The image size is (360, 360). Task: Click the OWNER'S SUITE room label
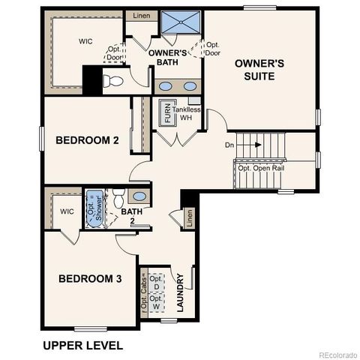tap(259, 70)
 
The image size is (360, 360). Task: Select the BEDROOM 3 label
tap(89, 279)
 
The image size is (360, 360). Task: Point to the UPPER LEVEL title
tap(82, 345)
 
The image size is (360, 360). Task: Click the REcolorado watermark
tap(337, 355)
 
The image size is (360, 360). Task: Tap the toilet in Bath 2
tap(118, 199)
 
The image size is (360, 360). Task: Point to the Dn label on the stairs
tap(230, 144)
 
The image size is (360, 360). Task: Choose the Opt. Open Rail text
tap(262, 168)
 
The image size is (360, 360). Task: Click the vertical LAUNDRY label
tap(180, 293)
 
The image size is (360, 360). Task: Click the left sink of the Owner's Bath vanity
tap(166, 85)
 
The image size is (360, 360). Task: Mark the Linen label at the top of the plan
tap(140, 15)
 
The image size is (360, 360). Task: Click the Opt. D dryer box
tap(156, 284)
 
